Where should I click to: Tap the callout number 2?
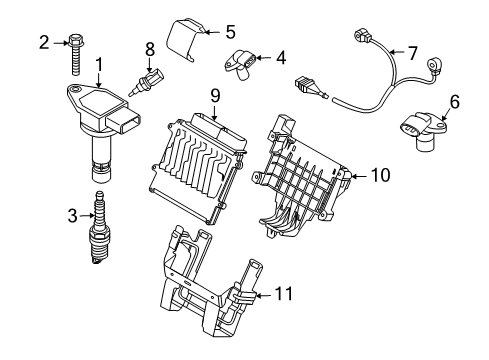click(x=44, y=42)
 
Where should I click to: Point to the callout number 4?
click(x=281, y=58)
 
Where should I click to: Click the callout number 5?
click(x=229, y=31)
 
